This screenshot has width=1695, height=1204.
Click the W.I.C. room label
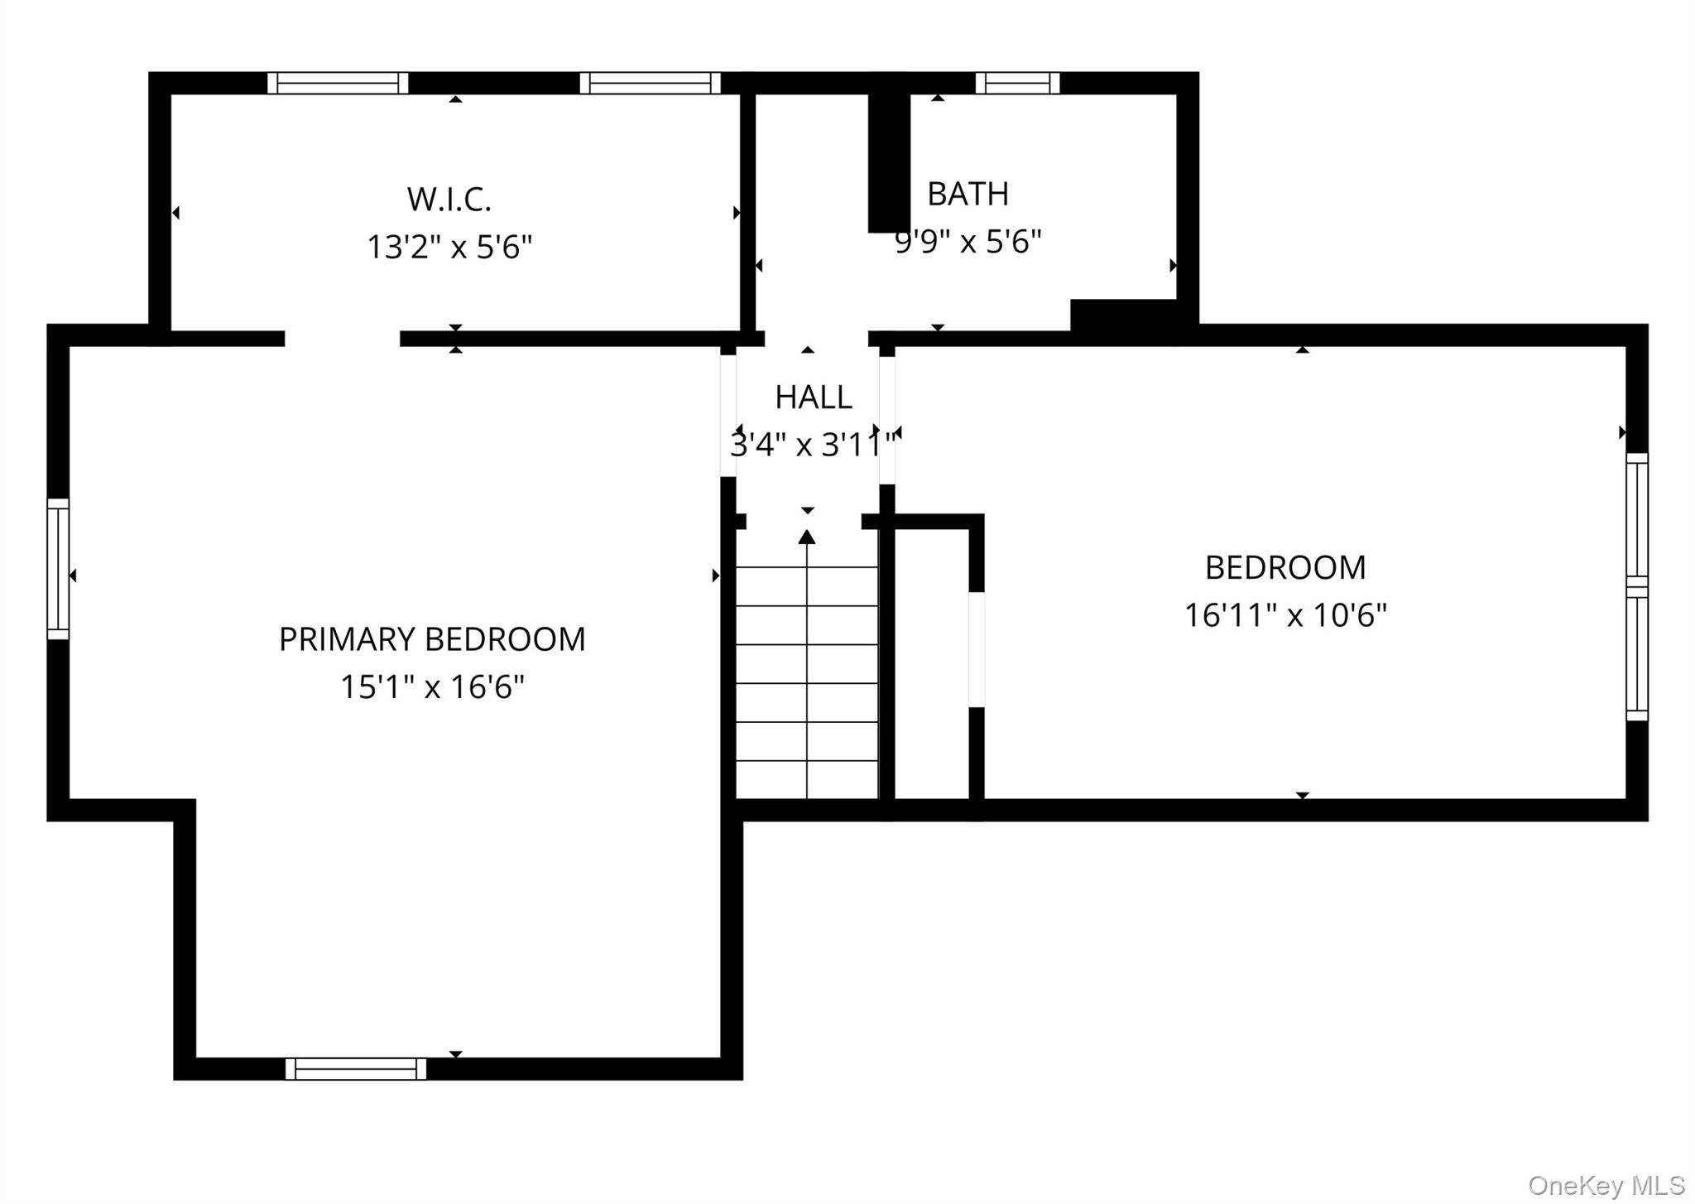coord(449,200)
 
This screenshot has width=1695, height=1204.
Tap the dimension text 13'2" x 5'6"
coord(449,247)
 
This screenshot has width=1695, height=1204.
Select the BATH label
coord(968,195)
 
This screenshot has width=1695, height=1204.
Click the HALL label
coord(813,397)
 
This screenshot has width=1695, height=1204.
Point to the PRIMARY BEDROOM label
coord(431,639)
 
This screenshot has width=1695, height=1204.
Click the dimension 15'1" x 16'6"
coord(431,687)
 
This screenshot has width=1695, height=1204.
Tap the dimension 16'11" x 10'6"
coord(1284,615)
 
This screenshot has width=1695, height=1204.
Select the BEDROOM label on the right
coord(1284,568)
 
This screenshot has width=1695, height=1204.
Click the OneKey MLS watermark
coord(1606,1186)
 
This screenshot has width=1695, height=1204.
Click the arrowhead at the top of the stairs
coord(807,537)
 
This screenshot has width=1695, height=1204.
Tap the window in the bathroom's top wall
coord(1017,83)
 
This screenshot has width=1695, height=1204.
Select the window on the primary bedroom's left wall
coord(58,569)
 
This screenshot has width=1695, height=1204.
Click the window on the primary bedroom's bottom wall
coord(356,1069)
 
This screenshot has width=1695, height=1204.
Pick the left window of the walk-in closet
coord(338,83)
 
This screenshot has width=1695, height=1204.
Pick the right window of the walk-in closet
coord(650,83)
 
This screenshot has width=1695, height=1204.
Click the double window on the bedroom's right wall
coord(1636,586)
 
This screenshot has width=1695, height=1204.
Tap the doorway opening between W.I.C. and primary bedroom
coord(343,339)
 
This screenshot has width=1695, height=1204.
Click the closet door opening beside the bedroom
coord(977,650)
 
